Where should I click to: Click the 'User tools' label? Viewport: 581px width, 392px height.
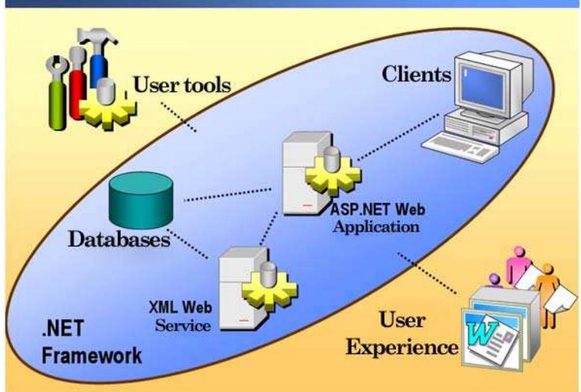coord(182,86)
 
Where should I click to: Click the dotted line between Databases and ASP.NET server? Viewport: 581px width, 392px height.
coord(227,194)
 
